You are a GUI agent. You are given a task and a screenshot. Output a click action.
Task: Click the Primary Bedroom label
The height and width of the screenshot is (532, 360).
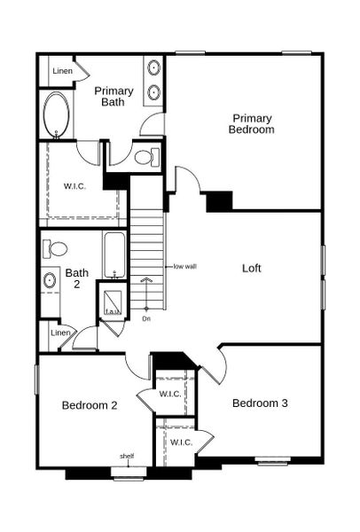(253, 123)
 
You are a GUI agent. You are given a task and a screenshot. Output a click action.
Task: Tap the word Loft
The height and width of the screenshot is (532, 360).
(253, 267)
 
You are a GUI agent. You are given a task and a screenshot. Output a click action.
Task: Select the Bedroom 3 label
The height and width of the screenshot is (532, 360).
(260, 403)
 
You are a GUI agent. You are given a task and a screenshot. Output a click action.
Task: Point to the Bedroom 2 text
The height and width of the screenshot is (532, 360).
(90, 405)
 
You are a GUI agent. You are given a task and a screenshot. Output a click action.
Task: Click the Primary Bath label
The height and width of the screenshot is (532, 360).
(113, 97)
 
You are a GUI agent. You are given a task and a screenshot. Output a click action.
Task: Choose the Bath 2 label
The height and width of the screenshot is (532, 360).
(76, 279)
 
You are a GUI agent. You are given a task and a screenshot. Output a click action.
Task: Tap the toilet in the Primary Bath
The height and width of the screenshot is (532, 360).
(145, 158)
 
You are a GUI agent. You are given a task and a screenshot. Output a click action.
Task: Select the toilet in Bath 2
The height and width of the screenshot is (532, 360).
(55, 249)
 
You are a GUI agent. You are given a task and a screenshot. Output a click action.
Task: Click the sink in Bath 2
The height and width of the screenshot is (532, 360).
(50, 281)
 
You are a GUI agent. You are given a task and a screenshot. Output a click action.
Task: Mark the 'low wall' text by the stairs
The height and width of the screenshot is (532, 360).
(184, 266)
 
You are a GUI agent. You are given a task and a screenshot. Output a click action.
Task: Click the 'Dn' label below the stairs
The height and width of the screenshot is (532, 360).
(146, 317)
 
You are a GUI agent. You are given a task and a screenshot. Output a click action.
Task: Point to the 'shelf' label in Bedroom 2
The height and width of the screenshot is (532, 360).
(127, 457)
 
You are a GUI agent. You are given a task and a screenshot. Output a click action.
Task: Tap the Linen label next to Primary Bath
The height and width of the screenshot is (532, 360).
(62, 70)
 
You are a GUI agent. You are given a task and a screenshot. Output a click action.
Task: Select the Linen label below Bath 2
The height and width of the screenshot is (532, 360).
(60, 332)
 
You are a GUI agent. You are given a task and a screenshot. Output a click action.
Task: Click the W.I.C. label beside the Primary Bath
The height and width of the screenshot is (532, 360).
(74, 186)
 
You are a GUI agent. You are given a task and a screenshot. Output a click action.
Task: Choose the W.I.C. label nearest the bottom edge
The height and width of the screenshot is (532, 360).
(181, 442)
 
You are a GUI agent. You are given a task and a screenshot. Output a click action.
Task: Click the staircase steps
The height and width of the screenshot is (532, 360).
(148, 239)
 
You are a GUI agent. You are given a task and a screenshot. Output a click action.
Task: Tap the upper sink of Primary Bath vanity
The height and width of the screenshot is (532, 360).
(153, 68)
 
